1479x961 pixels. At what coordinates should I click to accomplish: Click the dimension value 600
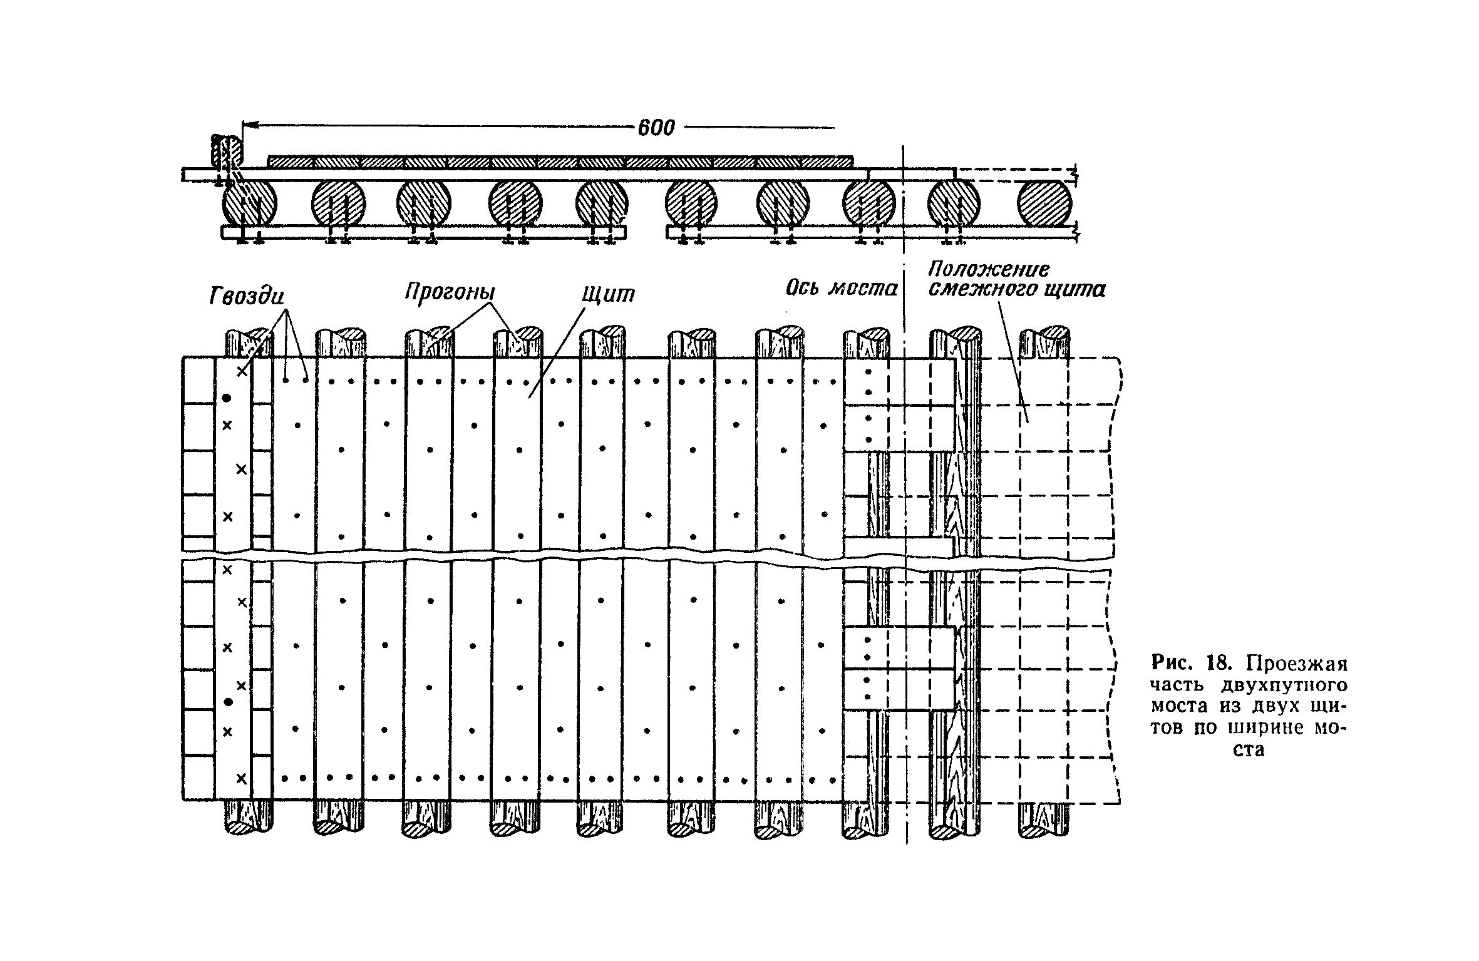(x=656, y=128)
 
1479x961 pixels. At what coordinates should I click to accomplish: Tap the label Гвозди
(x=247, y=296)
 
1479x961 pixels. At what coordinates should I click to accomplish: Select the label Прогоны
(x=450, y=292)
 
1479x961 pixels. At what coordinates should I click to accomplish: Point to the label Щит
(x=608, y=294)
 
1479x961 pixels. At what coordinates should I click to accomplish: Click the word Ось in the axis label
(x=804, y=289)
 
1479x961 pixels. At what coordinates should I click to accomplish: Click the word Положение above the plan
(x=988, y=269)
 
